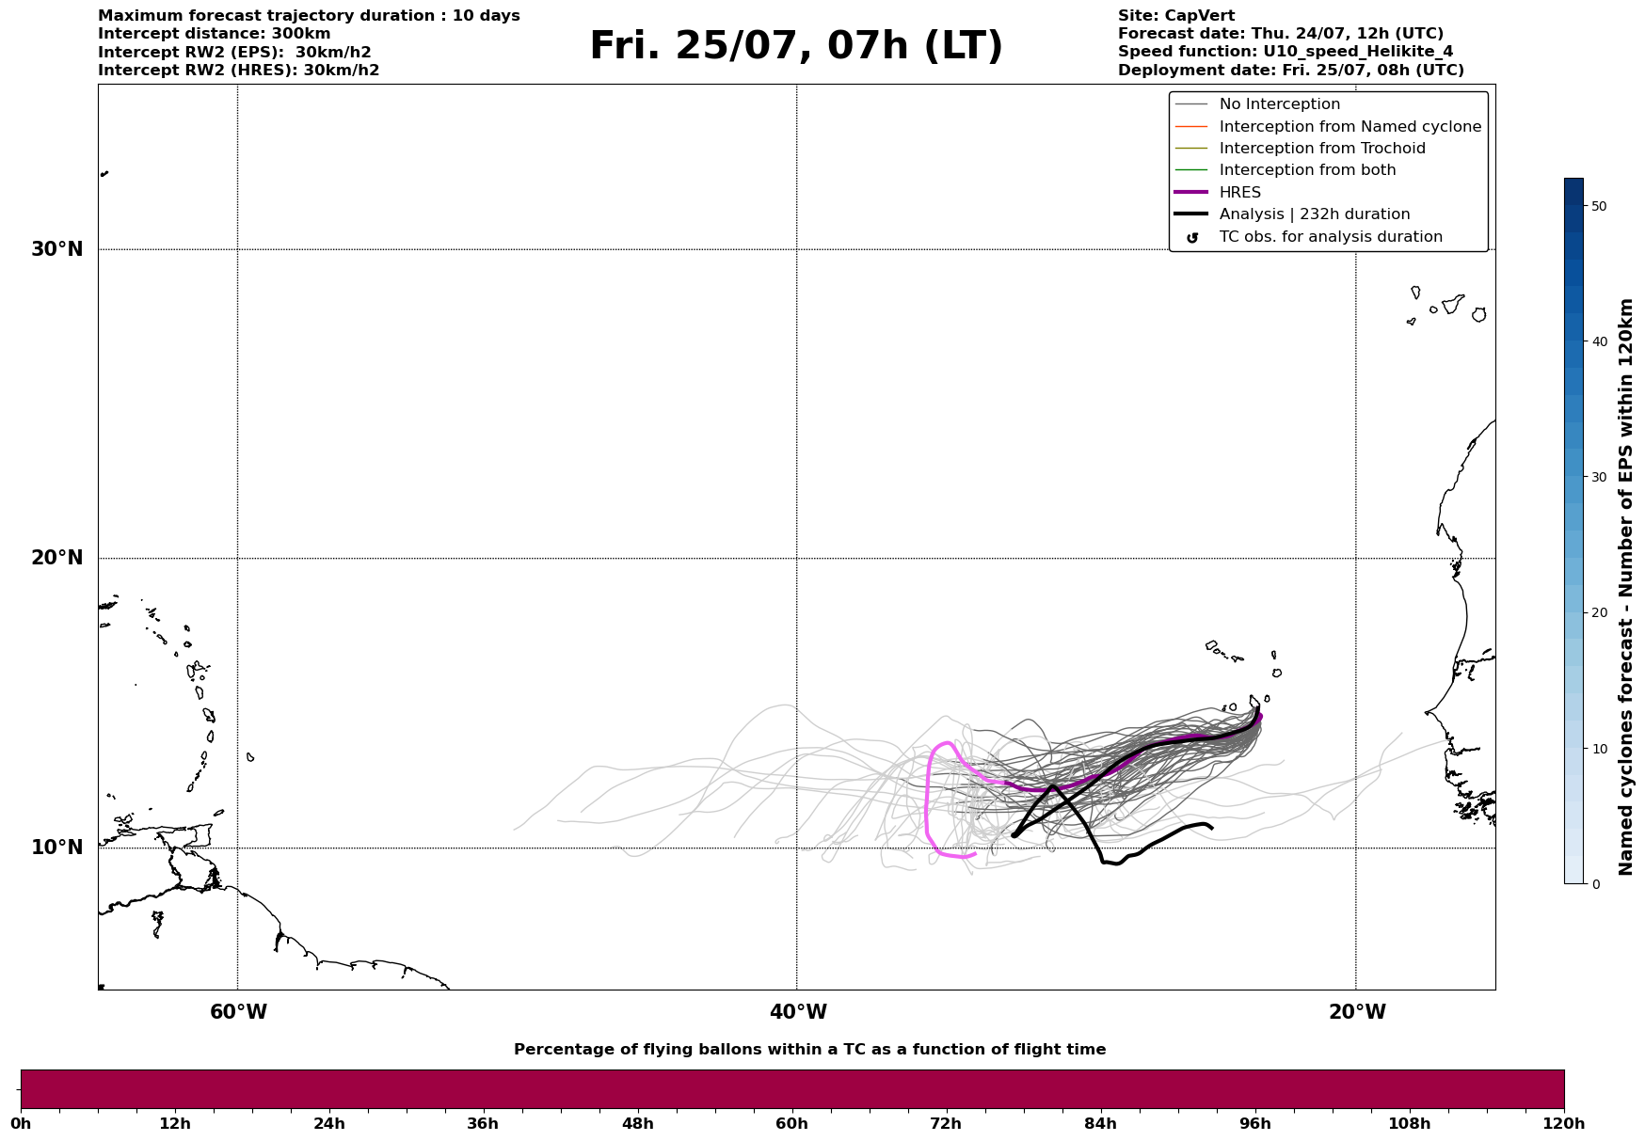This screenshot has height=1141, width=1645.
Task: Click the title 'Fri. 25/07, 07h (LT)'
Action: click(x=795, y=46)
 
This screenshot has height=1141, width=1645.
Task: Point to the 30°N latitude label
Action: click(x=56, y=249)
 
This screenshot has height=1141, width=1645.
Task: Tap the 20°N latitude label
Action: click(x=56, y=558)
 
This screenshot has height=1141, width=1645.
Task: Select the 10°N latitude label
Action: click(x=56, y=848)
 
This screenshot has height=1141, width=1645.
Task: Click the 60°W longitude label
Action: click(x=238, y=1012)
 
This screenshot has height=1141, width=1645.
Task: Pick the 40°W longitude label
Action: click(x=798, y=1012)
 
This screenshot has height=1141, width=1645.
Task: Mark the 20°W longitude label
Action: click(x=1357, y=1012)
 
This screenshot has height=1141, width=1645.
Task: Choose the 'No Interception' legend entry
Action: click(x=1279, y=104)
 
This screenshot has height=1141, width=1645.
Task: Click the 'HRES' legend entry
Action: click(x=1239, y=193)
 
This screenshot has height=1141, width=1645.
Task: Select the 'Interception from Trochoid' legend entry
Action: click(x=1321, y=149)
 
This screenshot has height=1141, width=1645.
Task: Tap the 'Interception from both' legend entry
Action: click(x=1307, y=170)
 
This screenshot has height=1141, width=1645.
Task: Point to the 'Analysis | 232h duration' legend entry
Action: click(x=1314, y=214)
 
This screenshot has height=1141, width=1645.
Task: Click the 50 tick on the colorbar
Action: click(x=1598, y=206)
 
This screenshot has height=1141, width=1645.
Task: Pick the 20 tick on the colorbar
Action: click(x=1598, y=613)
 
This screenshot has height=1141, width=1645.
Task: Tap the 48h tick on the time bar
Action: click(x=637, y=1123)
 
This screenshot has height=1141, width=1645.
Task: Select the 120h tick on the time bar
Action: click(x=1563, y=1123)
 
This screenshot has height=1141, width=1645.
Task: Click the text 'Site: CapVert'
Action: click(x=1175, y=16)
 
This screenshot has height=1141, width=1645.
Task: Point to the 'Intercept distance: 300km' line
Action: click(x=214, y=34)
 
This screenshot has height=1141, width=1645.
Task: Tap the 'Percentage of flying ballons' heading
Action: click(x=809, y=1050)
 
